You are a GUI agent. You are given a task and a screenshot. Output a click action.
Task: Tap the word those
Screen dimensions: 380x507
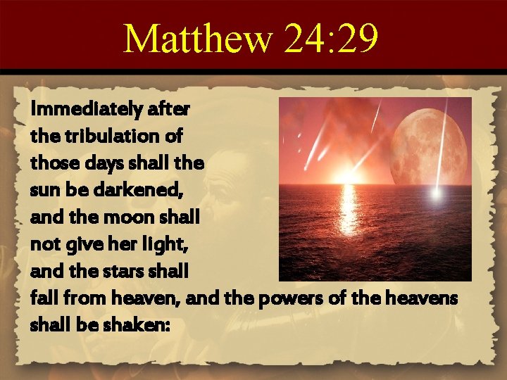pos(51,163)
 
